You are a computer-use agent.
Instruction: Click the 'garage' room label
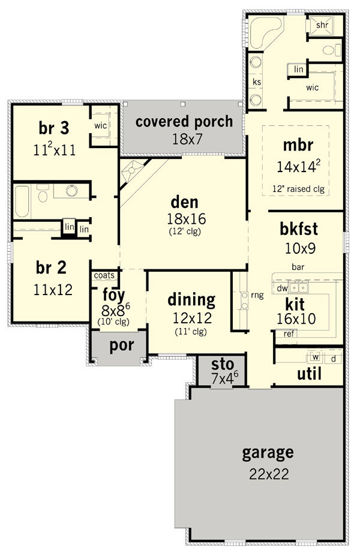(268, 453)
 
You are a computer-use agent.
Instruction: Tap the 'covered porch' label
(184, 122)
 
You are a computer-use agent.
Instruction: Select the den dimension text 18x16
(187, 219)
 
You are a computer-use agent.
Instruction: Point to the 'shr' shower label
(322, 25)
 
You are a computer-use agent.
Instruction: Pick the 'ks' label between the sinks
(257, 82)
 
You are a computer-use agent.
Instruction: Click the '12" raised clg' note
(298, 189)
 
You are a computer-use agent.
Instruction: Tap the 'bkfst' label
(299, 229)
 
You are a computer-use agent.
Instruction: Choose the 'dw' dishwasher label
(282, 288)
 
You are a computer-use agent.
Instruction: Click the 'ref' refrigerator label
(289, 333)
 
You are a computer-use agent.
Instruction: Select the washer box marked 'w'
(316, 357)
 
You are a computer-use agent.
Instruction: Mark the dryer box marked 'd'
(333, 358)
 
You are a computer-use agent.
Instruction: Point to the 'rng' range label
(257, 295)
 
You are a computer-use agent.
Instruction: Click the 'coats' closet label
(104, 275)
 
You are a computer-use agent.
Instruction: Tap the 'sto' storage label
(223, 364)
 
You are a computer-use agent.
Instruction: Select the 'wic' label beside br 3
(101, 125)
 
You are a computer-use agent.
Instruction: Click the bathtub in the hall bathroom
(22, 202)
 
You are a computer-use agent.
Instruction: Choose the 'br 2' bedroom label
(51, 268)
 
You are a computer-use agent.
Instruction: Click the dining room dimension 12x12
(192, 318)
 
